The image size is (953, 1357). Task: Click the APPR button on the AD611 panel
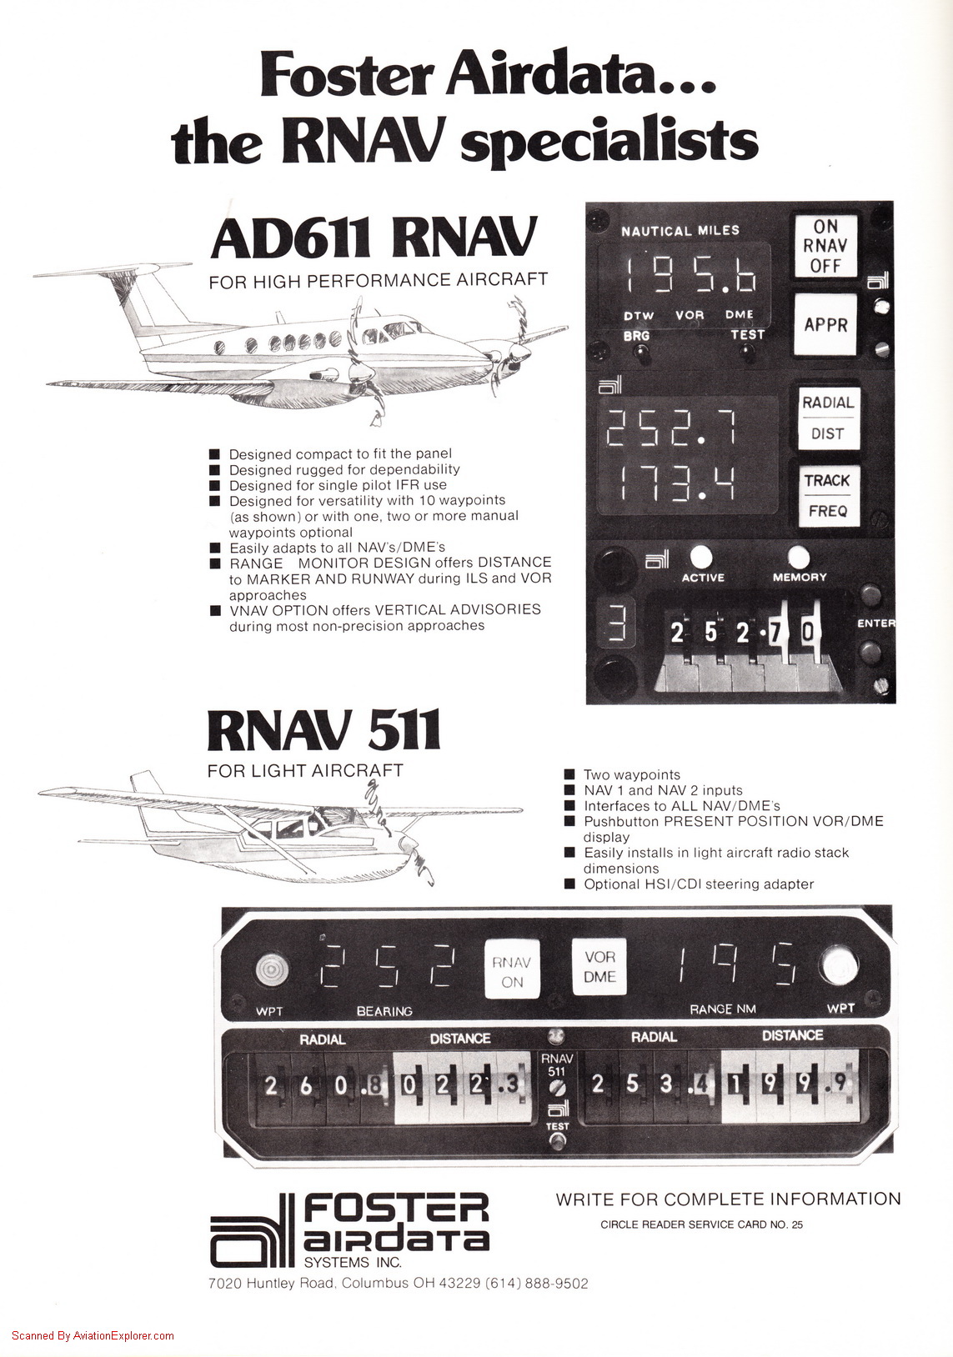pyautogui.click(x=825, y=324)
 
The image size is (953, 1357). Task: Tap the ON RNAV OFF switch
pyautogui.click(x=825, y=246)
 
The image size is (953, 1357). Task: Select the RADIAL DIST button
pyautogui.click(x=827, y=418)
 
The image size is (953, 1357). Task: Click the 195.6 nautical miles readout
pyautogui.click(x=691, y=274)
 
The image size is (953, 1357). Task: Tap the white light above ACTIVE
pyautogui.click(x=701, y=556)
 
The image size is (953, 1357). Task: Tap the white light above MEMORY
pyautogui.click(x=798, y=556)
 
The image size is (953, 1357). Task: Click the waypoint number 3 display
pyautogui.click(x=617, y=620)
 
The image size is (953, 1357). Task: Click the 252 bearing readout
pyautogui.click(x=388, y=968)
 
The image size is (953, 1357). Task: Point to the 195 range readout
pyautogui.click(x=737, y=966)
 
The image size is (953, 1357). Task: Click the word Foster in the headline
pyautogui.click(x=347, y=74)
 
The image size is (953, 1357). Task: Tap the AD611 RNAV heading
pyautogui.click(x=374, y=238)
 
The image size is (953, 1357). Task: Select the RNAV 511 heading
pyautogui.click(x=324, y=730)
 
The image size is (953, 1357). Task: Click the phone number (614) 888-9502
pyautogui.click(x=536, y=1283)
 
